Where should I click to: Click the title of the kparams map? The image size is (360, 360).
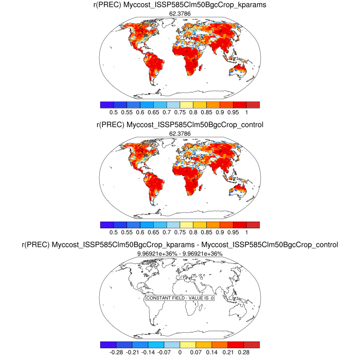click(180, 5)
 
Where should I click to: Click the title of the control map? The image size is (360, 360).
click(180, 125)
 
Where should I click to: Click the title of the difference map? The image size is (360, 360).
click(180, 245)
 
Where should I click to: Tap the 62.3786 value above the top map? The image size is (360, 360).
click(180, 13)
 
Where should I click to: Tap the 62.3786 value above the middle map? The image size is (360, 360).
click(180, 134)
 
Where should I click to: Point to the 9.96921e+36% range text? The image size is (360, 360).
click(180, 254)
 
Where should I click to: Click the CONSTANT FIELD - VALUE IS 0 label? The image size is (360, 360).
click(180, 298)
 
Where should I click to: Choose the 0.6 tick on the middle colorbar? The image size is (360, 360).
click(140, 232)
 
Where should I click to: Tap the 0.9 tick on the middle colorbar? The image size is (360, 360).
click(219, 232)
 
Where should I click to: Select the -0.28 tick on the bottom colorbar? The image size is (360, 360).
click(116, 352)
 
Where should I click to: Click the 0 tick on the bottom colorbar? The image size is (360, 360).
click(179, 352)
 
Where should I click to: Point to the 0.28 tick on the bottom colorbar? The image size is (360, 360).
click(244, 352)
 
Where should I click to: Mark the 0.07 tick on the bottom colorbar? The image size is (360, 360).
click(196, 352)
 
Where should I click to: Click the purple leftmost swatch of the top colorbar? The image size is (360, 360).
click(107, 104)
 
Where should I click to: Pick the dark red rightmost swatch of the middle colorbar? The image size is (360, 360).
click(252, 225)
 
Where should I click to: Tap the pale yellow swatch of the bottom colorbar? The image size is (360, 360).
click(188, 345)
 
